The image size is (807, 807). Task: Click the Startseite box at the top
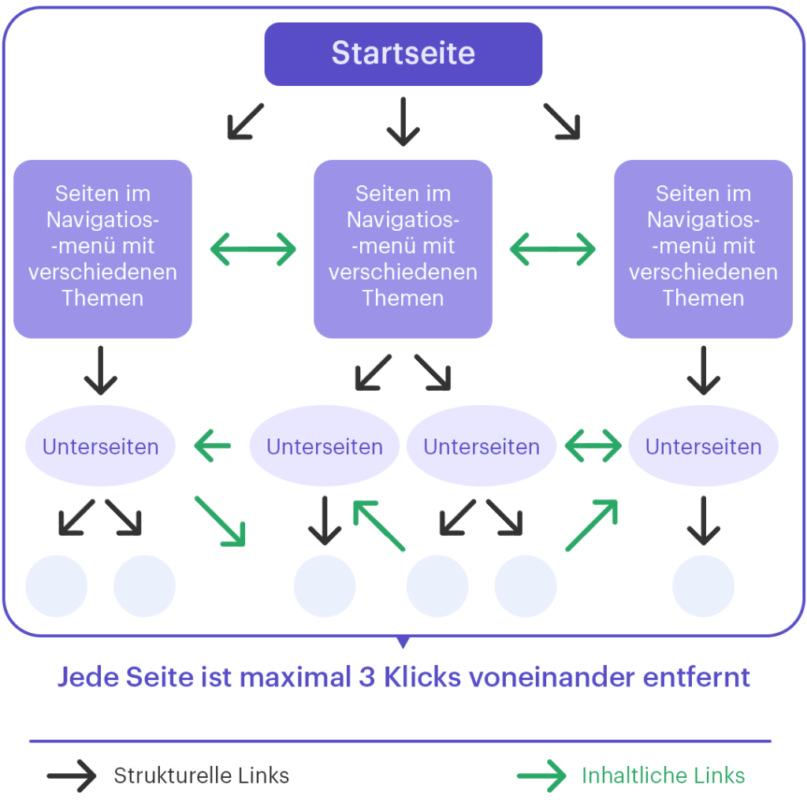[x=403, y=54]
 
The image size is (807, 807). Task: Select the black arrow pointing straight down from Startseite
[x=403, y=121]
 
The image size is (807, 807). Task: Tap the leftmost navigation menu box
[x=102, y=249]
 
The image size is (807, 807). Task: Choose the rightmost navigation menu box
[x=703, y=249]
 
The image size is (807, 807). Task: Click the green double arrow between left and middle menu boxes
[x=253, y=250]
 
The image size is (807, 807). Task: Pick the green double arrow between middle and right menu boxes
[x=553, y=250]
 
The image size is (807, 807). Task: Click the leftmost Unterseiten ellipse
[x=100, y=447]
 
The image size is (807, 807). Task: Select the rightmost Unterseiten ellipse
[x=703, y=447]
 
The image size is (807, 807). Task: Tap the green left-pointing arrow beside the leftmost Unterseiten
[x=212, y=447]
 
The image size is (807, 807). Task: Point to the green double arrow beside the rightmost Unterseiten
[x=593, y=447]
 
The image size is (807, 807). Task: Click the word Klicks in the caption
[x=418, y=677]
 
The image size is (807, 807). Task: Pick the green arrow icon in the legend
[x=541, y=775]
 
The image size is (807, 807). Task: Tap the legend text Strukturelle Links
[x=201, y=775]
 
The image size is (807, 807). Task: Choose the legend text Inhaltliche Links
[x=663, y=775]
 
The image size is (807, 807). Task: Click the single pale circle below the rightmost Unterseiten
[x=703, y=586]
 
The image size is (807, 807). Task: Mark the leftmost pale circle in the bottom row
[x=56, y=586]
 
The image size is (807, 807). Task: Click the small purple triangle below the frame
[x=403, y=642]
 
